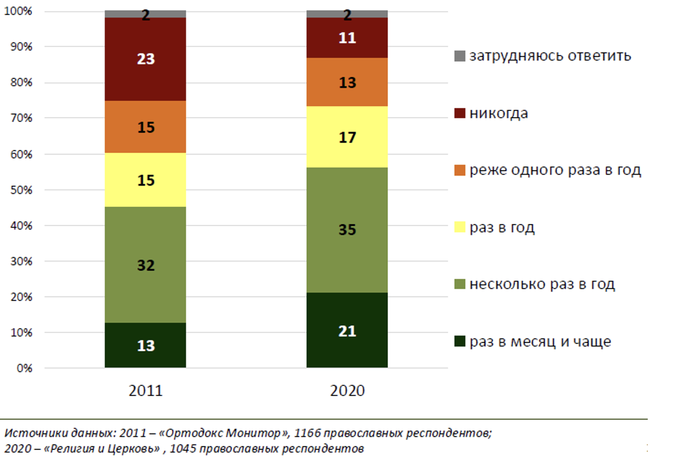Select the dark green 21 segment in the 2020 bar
[347, 330]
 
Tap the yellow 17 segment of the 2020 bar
[347, 137]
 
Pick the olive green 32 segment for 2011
[145, 265]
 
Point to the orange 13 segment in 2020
[347, 82]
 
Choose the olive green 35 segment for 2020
[347, 230]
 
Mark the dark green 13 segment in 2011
[145, 345]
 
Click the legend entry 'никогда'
[498, 114]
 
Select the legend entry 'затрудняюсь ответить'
[550, 56]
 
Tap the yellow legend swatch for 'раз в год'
[460, 227]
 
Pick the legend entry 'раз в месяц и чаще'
[540, 342]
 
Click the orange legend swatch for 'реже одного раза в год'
[460, 170]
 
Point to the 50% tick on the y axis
[21, 190]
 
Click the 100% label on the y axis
[18, 11]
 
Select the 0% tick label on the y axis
[24, 368]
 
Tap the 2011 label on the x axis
[145, 390]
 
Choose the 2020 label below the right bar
[347, 390]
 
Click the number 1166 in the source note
[307, 433]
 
